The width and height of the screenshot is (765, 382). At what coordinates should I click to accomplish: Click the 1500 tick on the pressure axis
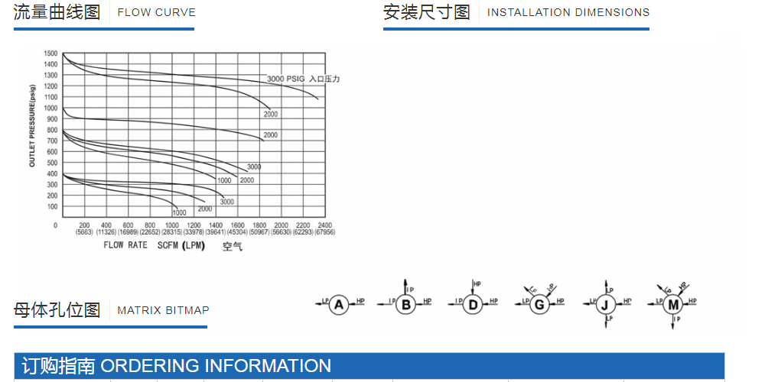coord(50,53)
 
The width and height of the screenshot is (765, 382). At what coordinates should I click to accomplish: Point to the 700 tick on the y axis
coord(52,141)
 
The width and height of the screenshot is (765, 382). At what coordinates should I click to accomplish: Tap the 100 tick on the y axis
coord(52,207)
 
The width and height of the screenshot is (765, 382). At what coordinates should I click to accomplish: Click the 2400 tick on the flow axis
coord(324,225)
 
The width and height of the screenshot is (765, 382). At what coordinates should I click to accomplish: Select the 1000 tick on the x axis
coord(172,225)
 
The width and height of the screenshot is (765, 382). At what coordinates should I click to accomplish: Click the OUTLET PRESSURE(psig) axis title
coord(32,130)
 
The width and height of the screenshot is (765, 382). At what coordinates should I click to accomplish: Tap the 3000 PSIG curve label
coord(285,79)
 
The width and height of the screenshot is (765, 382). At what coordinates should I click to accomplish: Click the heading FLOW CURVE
coord(156,12)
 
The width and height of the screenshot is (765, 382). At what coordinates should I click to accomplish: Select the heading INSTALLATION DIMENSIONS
coord(568,12)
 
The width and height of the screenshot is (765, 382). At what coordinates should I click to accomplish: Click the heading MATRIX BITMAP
coord(163,310)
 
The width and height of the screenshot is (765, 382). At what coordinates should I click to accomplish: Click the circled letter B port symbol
coord(406,305)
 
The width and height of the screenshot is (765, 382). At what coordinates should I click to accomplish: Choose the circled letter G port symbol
coord(539,305)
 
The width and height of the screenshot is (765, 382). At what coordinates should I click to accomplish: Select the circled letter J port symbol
coord(606,305)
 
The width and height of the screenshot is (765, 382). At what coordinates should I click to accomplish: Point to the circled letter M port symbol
coord(673,305)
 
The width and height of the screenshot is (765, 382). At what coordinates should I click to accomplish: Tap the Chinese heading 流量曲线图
coord(57,12)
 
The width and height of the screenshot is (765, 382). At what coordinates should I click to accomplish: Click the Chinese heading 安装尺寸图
coord(427,12)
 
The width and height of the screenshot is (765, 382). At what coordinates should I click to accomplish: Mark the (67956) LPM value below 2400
coord(324,232)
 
